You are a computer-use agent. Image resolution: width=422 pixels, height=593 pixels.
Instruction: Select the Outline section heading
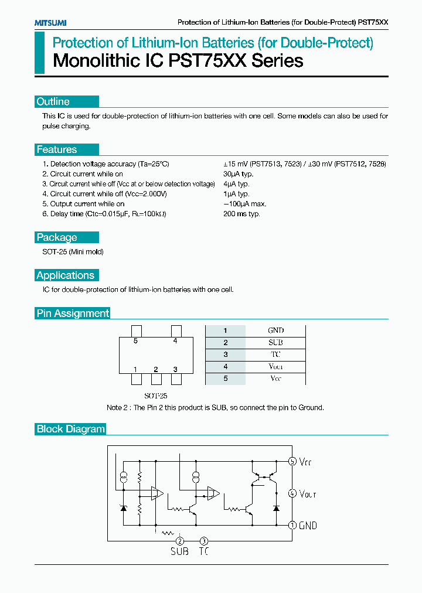[x=53, y=101]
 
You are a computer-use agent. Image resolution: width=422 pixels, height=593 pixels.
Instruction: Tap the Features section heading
[x=57, y=149]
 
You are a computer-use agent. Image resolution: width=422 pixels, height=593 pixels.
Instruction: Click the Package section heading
[x=57, y=237]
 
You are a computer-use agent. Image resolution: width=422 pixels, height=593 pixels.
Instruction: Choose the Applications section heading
[x=65, y=275]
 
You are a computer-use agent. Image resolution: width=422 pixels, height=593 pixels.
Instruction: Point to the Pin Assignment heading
[x=73, y=313]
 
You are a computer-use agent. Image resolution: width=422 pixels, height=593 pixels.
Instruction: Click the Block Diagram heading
[x=71, y=429]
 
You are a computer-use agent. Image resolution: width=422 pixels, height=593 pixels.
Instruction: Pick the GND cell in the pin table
[x=275, y=330]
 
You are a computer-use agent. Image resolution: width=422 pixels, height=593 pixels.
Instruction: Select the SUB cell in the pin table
[x=275, y=342]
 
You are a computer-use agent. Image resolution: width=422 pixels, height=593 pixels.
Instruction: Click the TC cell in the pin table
[x=275, y=355]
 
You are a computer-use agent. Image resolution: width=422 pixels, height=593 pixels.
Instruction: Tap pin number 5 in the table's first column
[x=225, y=379]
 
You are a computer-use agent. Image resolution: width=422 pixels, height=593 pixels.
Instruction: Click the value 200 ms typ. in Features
[x=241, y=214]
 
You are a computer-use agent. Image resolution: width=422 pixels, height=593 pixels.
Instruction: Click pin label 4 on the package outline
[x=175, y=341]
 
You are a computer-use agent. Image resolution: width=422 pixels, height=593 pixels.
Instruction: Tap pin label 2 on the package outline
[x=155, y=369]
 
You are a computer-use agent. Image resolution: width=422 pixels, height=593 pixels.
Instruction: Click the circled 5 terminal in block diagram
[x=292, y=461]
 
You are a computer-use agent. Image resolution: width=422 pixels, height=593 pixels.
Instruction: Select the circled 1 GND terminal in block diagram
[x=292, y=526]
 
